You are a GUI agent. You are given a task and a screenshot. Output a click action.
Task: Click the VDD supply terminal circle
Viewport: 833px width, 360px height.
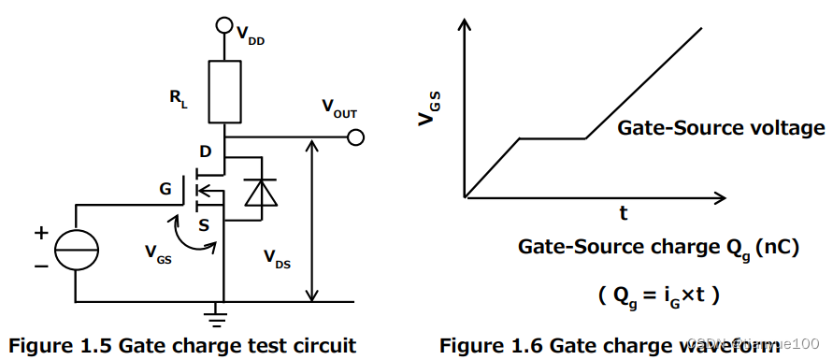coord(224,24)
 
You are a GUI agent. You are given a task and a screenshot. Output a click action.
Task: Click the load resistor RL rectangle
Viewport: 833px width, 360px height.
coord(224,92)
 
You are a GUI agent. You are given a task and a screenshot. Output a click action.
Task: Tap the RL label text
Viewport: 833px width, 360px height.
coord(178,99)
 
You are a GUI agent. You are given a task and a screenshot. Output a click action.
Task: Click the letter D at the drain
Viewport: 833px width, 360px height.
coord(206,151)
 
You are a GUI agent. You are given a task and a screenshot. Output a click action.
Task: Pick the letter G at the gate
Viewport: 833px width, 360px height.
coord(165,190)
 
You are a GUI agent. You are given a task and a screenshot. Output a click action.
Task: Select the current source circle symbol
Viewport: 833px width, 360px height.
coord(75,251)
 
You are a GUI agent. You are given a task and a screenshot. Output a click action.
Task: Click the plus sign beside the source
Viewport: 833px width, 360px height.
coord(41,232)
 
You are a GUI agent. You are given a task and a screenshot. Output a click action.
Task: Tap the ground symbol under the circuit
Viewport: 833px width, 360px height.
coord(224,314)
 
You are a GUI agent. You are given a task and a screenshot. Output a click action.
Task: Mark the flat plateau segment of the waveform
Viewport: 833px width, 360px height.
coord(552,139)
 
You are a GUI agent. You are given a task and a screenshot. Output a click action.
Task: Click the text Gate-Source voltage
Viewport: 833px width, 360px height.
coord(721,128)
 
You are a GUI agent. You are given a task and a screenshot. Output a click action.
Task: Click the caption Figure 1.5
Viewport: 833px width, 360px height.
coord(182,345)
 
